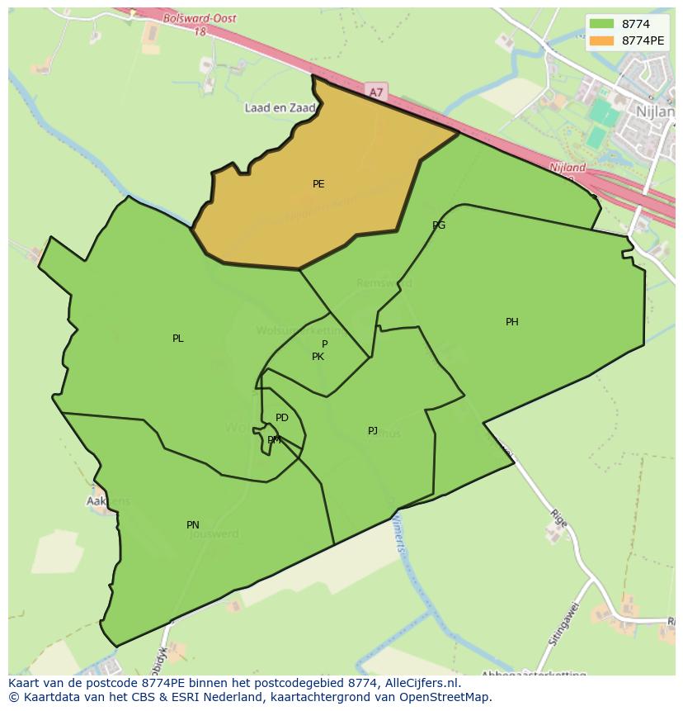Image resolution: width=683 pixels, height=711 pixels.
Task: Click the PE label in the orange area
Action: coord(318,184)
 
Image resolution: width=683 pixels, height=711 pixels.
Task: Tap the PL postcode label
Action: coord(178,339)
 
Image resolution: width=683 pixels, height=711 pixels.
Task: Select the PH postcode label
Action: coord(512,322)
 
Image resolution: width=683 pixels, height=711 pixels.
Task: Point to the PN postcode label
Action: coord(193,525)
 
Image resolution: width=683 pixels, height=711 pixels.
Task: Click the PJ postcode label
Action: coord(373,431)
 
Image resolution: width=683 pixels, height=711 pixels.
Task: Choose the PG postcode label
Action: coord(439,225)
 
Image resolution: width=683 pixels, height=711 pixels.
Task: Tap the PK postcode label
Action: coord(318,357)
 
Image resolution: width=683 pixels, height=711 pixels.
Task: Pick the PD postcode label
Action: coord(282,418)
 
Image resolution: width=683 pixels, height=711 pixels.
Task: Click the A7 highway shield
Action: coord(376,92)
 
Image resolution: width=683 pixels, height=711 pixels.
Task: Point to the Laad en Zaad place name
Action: coord(280,108)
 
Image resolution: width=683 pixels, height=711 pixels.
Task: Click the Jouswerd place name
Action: coord(214,534)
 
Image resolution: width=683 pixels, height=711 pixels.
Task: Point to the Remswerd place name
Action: coord(384,283)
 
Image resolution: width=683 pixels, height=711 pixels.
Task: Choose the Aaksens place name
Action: coord(108,501)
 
